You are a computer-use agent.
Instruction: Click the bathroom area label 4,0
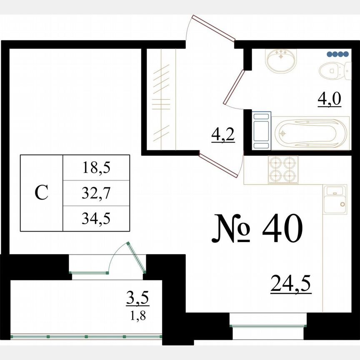(x=330, y=99)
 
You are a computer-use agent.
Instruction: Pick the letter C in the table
(x=42, y=193)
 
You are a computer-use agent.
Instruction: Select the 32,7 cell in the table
(x=96, y=193)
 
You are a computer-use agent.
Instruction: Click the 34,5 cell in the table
(x=96, y=218)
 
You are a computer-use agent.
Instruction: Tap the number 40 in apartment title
(x=282, y=230)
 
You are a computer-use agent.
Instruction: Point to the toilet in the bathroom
(x=335, y=70)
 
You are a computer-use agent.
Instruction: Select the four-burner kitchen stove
(x=283, y=170)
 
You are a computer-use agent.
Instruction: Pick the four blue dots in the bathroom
(x=337, y=54)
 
